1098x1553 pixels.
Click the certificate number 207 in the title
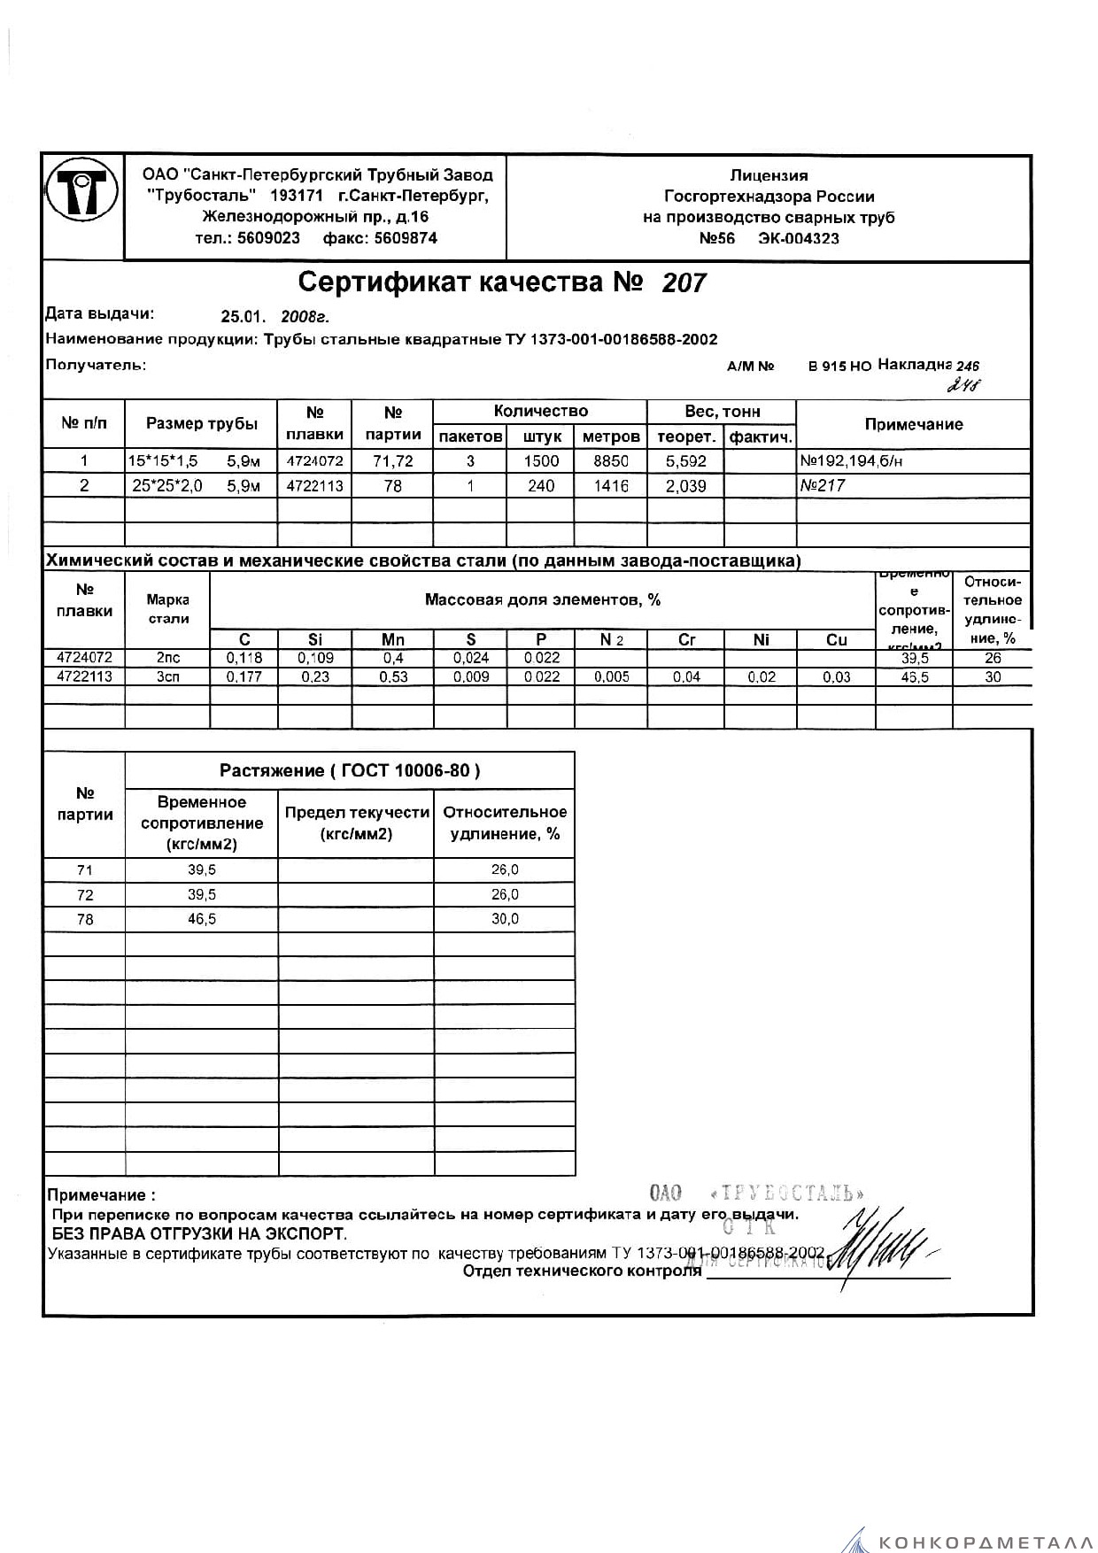click(684, 282)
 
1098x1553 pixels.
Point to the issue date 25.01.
click(243, 317)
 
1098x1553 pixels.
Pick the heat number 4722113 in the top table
click(314, 485)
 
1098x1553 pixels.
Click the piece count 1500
click(541, 460)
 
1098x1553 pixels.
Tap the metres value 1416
click(611, 485)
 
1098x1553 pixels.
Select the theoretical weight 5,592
click(685, 460)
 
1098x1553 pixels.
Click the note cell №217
click(823, 485)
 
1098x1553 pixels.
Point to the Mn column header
click(392, 639)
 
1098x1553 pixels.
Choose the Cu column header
click(836, 639)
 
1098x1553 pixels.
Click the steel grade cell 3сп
click(167, 676)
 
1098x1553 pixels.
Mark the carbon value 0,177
click(244, 676)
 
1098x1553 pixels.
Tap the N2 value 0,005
click(611, 676)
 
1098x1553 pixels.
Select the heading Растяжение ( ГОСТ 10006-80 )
click(350, 770)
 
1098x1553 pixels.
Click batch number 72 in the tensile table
click(85, 894)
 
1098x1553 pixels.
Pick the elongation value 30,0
click(505, 919)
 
